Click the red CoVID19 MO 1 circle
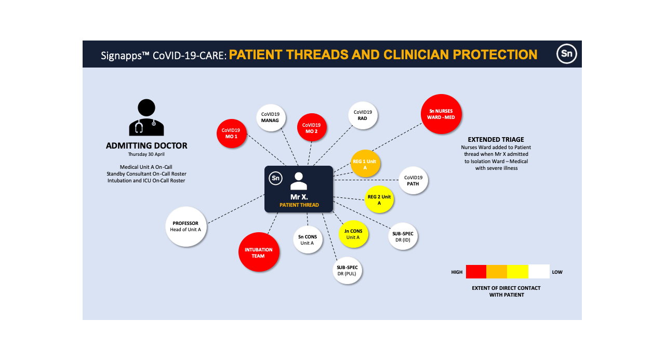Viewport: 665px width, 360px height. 231,134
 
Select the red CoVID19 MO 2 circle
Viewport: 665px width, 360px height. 311,128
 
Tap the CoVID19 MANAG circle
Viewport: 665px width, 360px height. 270,117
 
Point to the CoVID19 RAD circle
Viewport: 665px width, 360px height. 363,115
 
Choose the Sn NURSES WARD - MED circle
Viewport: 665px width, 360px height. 441,114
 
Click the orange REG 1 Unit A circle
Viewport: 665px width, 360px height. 366,164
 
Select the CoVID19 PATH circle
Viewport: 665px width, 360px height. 414,181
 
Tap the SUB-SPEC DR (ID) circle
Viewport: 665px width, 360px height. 403,237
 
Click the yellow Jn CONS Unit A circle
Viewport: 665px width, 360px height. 353,234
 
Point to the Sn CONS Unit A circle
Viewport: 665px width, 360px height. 308,240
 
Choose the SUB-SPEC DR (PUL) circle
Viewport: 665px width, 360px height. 347,271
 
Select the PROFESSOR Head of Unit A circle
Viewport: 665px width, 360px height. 185,226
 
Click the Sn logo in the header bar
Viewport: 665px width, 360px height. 566,54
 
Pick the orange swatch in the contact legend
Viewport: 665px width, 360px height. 497,272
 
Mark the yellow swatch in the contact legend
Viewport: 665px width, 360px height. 517,272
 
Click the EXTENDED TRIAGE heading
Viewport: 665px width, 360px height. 496,140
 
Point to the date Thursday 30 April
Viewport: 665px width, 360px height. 147,154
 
